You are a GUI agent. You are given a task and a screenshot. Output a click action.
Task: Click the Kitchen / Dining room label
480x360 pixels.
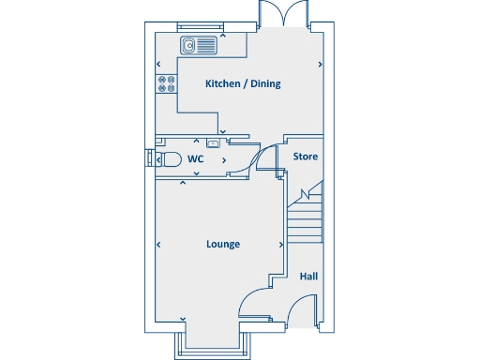point(243,83)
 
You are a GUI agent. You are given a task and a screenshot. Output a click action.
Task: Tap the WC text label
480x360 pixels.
point(195,159)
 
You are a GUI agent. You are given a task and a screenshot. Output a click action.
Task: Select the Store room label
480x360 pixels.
point(306,157)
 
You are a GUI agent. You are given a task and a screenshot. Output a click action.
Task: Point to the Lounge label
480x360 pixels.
point(223,244)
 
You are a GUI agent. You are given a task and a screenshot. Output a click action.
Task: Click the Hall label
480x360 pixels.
point(308,277)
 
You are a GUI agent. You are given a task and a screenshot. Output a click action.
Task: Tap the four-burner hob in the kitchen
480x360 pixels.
point(166,83)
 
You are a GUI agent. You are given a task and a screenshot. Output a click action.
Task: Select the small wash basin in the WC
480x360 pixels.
point(214,143)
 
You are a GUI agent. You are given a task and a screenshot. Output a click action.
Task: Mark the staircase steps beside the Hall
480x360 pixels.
point(304,220)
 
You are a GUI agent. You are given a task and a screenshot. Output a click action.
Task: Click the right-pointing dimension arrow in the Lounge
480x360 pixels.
point(281,245)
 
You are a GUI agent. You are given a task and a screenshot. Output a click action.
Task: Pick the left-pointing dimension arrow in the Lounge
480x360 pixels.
point(158,245)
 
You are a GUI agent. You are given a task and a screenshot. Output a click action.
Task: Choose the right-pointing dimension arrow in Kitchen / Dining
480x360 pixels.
point(320,65)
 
